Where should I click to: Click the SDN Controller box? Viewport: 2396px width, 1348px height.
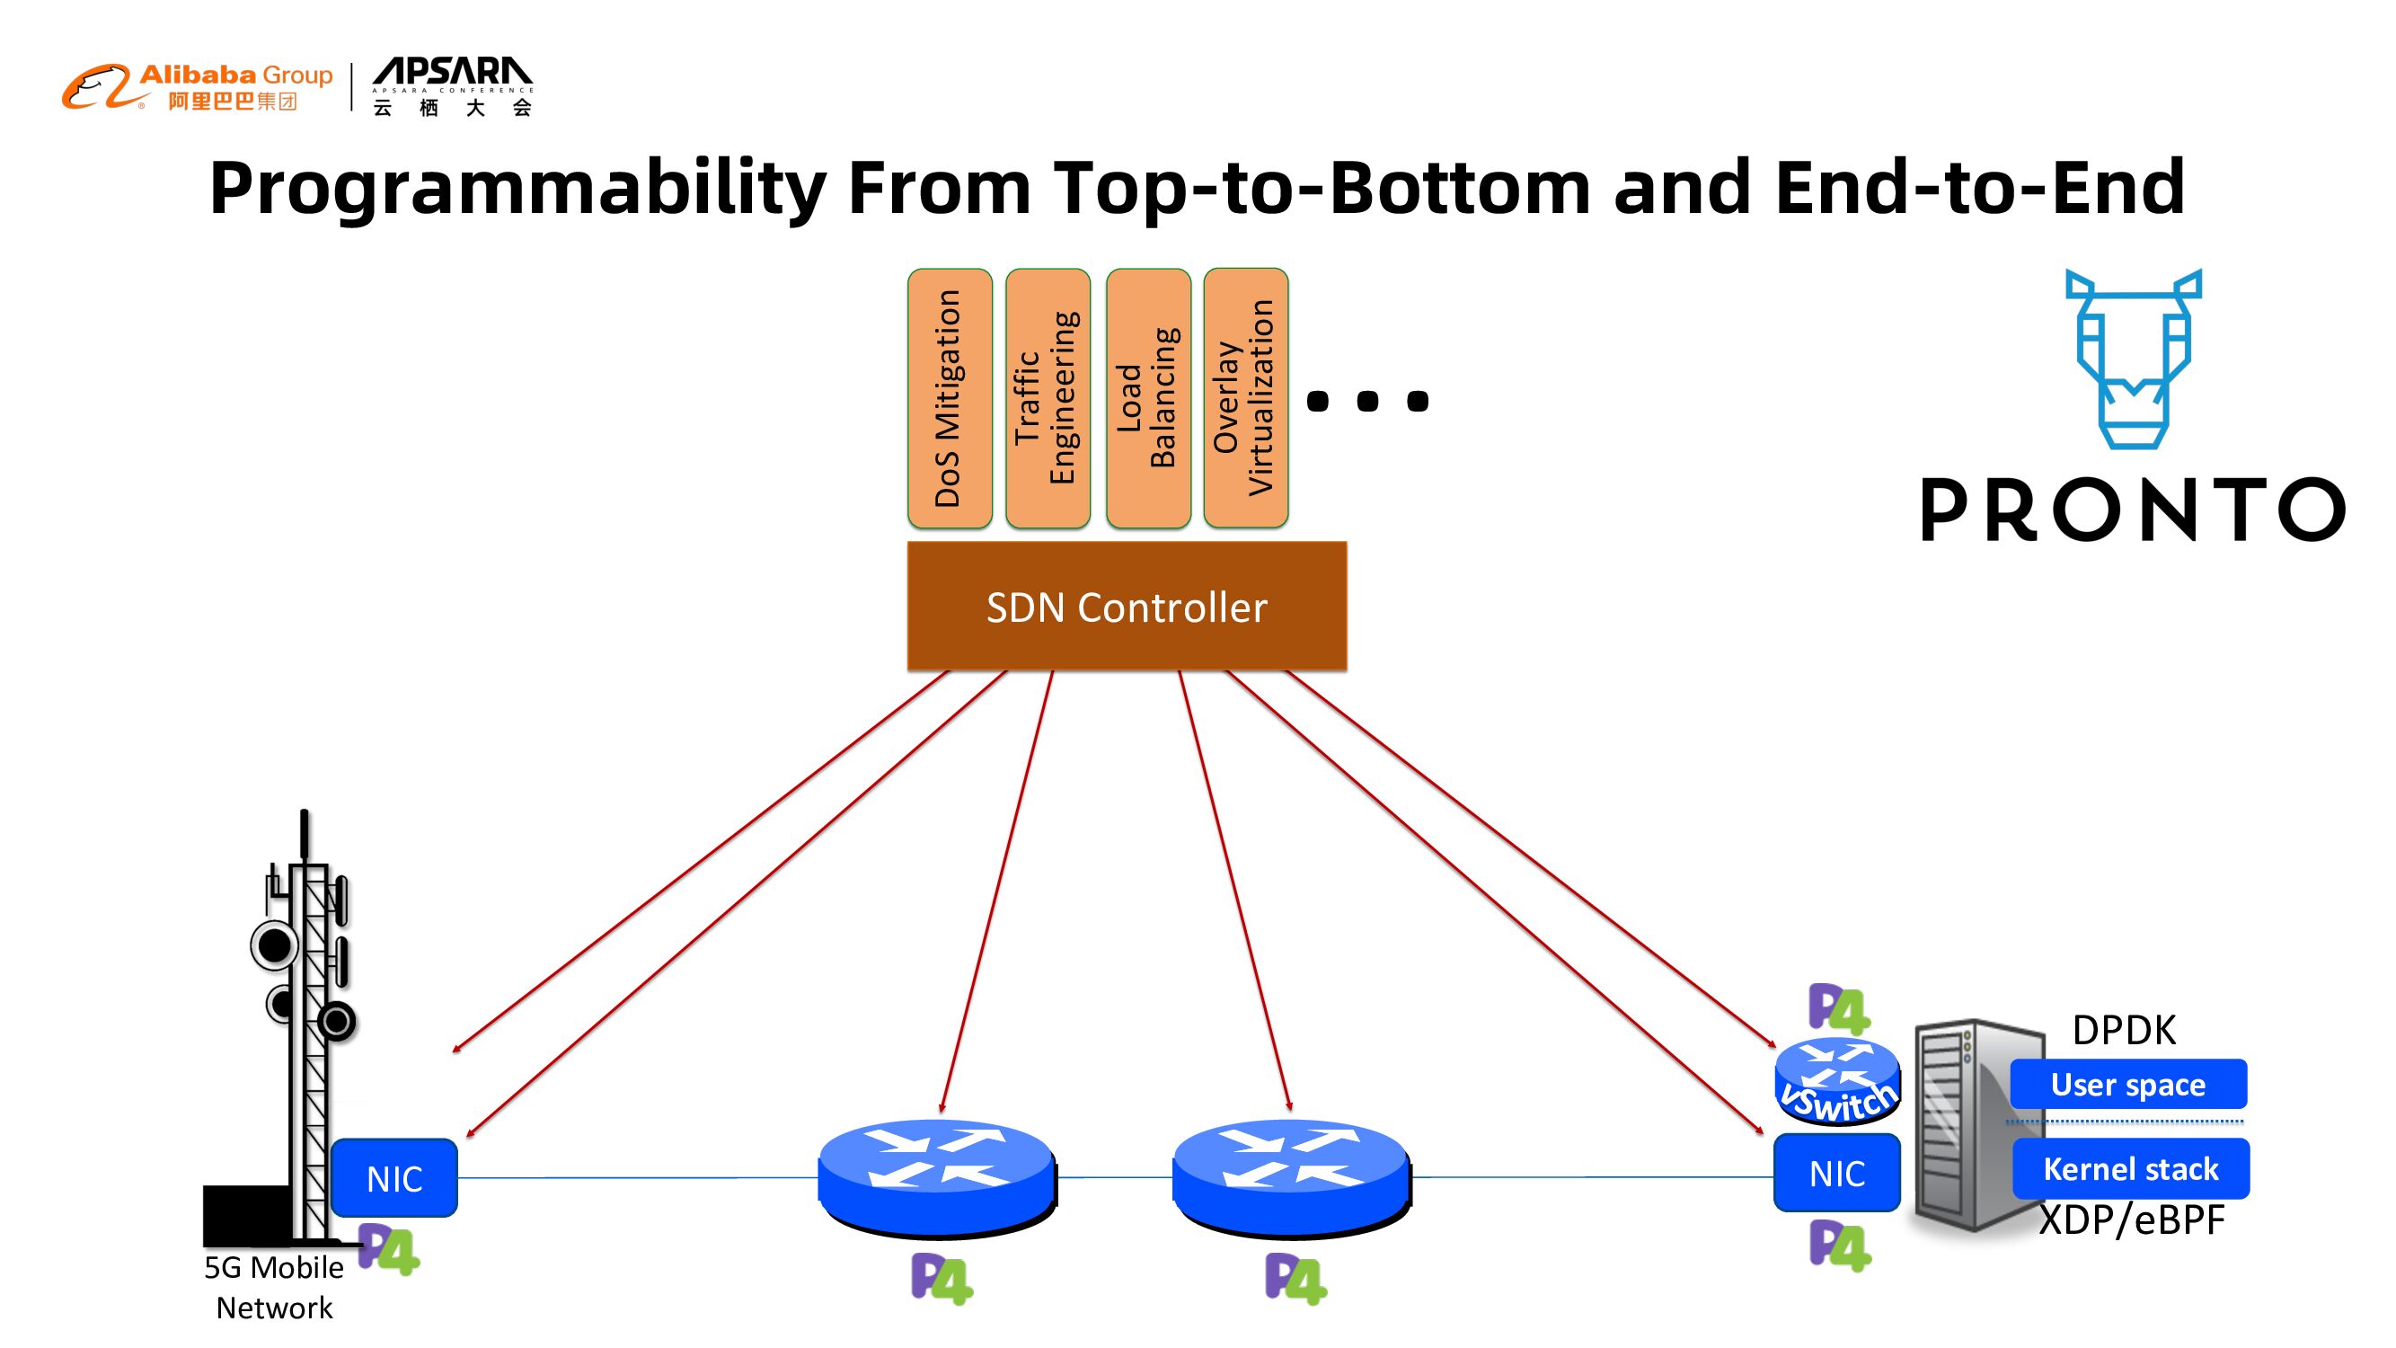pos(1127,606)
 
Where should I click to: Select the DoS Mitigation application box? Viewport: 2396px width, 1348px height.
pos(949,398)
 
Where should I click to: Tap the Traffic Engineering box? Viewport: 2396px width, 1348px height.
pos(1048,398)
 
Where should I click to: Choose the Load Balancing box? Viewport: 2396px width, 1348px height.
pos(1148,398)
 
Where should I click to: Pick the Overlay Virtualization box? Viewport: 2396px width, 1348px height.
pos(1245,398)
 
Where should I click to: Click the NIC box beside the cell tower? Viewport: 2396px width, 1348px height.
pos(393,1178)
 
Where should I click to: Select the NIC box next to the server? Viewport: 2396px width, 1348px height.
pos(1836,1173)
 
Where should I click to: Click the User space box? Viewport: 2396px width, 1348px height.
pos(2128,1084)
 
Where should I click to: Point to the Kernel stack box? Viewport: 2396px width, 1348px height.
pos(2130,1168)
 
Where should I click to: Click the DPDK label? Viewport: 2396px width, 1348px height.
pos(2124,1031)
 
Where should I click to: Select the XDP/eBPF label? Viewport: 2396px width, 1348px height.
pos(2132,1219)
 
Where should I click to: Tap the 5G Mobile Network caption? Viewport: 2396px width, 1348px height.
pos(273,1288)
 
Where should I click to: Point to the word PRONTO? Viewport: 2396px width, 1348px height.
pos(2133,509)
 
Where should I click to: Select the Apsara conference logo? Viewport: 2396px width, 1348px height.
pos(452,87)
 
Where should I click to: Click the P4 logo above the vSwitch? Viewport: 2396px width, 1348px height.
pos(1838,1008)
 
